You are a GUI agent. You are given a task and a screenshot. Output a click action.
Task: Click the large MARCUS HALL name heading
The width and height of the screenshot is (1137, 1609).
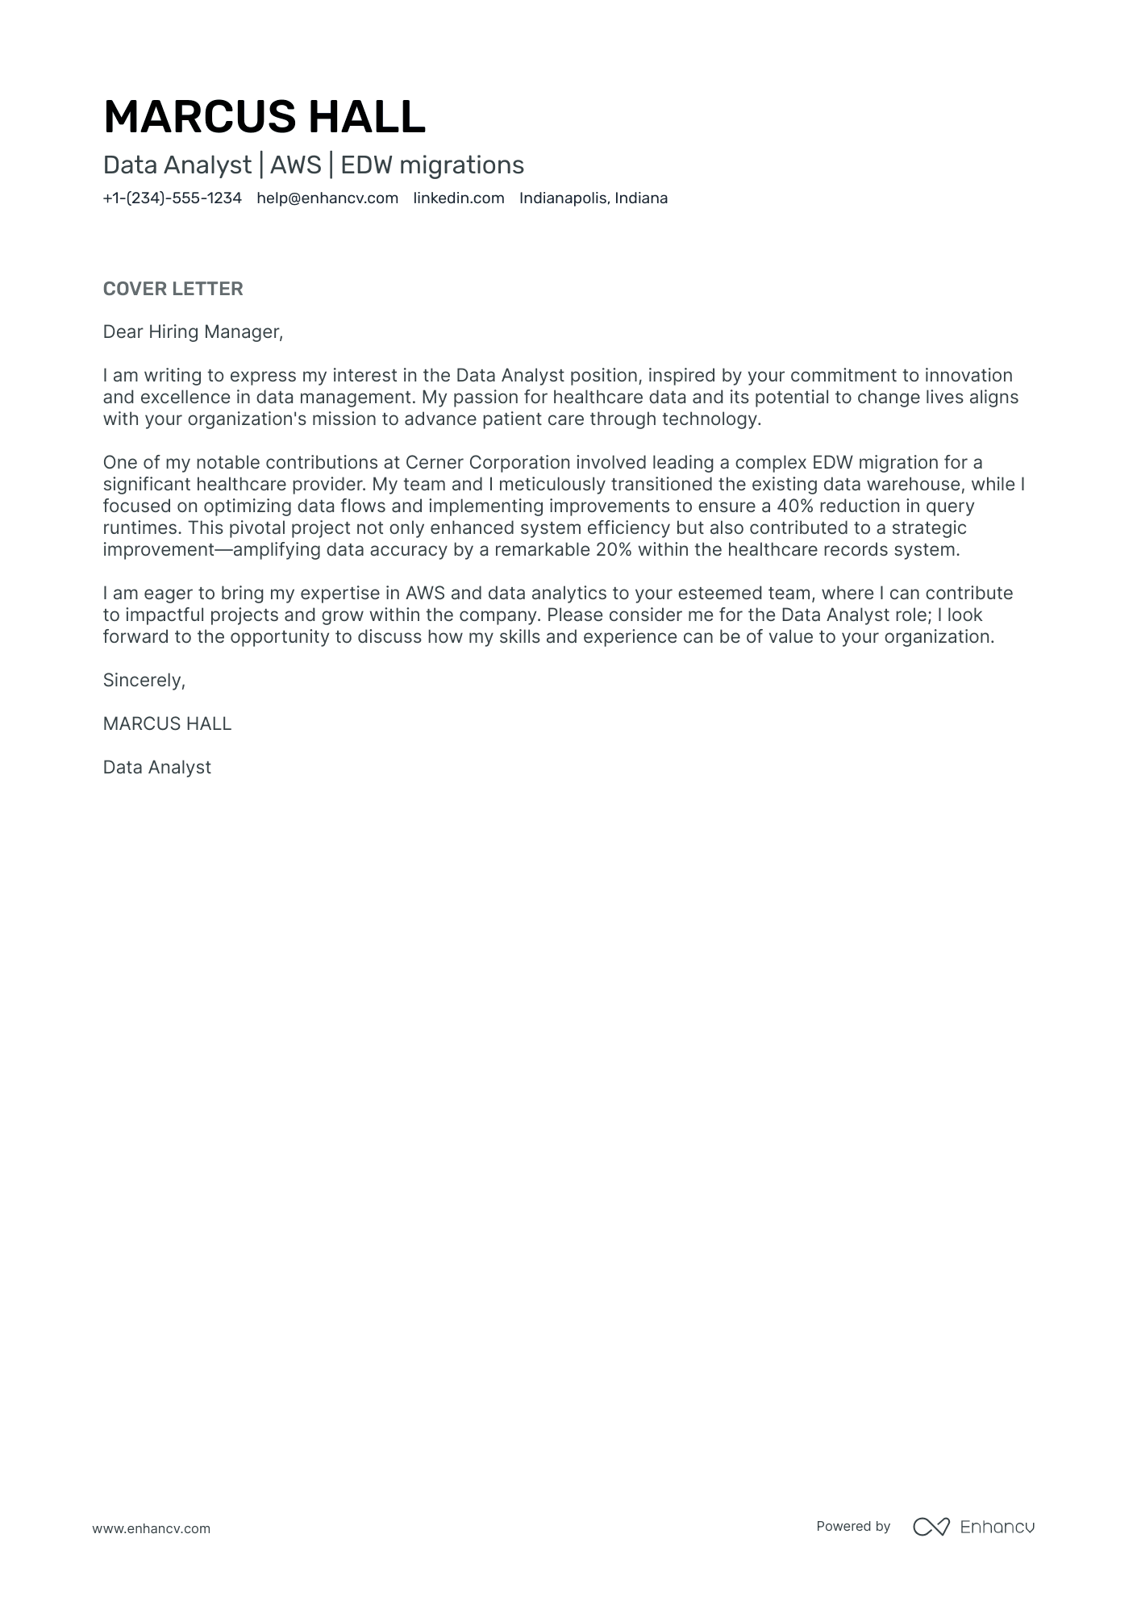(264, 117)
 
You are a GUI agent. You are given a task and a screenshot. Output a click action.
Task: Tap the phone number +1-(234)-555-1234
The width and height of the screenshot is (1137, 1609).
(172, 198)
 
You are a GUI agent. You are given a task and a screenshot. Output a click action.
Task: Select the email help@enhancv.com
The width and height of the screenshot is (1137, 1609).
(327, 198)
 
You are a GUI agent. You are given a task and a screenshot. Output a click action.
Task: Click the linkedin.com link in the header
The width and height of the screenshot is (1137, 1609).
(458, 198)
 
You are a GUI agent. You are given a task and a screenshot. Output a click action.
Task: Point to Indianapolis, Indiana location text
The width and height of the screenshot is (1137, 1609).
(593, 198)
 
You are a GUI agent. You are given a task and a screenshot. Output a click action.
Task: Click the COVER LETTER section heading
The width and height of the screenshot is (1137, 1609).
(173, 289)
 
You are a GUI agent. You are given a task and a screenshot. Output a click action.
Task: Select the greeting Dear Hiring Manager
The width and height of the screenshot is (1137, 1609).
(193, 332)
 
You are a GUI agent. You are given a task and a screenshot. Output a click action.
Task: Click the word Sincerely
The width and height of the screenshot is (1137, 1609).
(144, 681)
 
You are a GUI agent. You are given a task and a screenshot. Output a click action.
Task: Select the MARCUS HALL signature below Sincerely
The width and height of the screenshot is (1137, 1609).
(167, 724)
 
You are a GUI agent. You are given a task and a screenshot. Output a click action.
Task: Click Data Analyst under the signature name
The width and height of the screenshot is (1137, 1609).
(156, 768)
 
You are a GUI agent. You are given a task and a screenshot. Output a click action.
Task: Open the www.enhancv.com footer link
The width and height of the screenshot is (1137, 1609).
(151, 1528)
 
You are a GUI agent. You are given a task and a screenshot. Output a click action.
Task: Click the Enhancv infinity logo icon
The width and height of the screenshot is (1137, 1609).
(931, 1527)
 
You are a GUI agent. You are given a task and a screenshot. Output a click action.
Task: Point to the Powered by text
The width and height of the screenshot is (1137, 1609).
(852, 1527)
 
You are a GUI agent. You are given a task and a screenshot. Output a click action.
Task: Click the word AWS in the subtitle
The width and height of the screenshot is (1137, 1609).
(295, 165)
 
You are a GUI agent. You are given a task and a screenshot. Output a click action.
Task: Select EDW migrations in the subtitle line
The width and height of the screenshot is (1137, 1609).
(432, 165)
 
